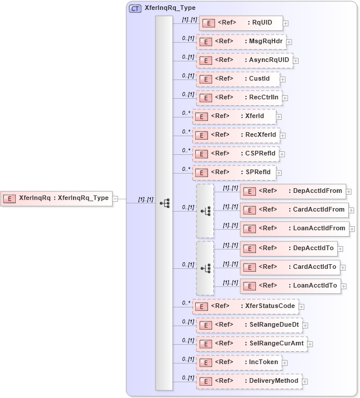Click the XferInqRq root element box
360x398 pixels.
(x=56, y=198)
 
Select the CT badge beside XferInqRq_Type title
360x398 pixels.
(x=135, y=8)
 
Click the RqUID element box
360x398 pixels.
(x=240, y=23)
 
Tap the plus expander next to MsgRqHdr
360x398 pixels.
(x=289, y=42)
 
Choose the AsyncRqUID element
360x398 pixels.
(x=244, y=60)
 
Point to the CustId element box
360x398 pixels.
(x=237, y=79)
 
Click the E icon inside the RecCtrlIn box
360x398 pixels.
(x=205, y=98)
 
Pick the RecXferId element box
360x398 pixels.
(x=236, y=135)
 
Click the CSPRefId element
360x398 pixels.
(x=236, y=154)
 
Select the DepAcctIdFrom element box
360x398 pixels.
(x=292, y=191)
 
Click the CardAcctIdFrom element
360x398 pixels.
(x=293, y=210)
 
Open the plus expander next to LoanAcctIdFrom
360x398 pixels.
(x=352, y=229)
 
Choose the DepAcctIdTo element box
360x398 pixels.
(x=288, y=248)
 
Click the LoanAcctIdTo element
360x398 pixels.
(x=290, y=286)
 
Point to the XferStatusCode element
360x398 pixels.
(x=245, y=306)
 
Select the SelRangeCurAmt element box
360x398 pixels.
(x=251, y=344)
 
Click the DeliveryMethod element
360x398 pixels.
(x=249, y=381)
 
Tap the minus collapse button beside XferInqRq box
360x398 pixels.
(x=115, y=199)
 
